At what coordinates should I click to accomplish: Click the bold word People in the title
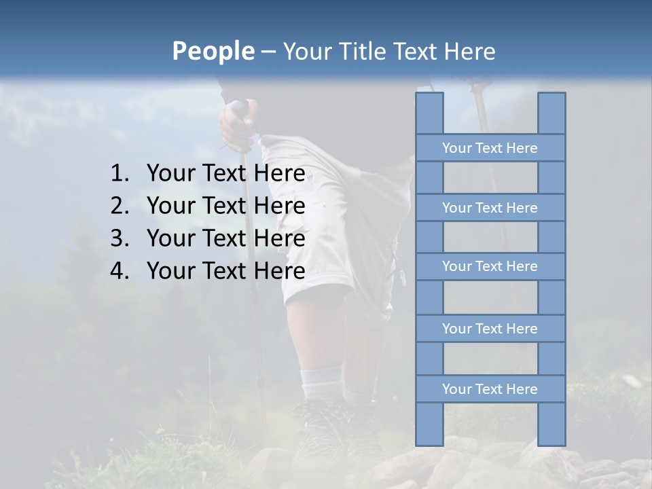[213, 51]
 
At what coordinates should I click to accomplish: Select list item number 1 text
[225, 174]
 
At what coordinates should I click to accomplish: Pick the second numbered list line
[225, 206]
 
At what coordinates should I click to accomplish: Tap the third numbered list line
[225, 238]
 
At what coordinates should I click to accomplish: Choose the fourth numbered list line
[225, 271]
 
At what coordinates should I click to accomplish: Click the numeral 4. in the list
[120, 271]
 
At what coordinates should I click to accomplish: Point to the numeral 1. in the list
[120, 174]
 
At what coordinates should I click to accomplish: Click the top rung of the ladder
[490, 148]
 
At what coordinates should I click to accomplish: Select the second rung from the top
[490, 208]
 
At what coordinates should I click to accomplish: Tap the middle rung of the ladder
[490, 267]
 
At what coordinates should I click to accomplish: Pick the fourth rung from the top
[490, 329]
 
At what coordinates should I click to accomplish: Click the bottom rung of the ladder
[490, 389]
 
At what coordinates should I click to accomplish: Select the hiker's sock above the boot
[321, 384]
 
